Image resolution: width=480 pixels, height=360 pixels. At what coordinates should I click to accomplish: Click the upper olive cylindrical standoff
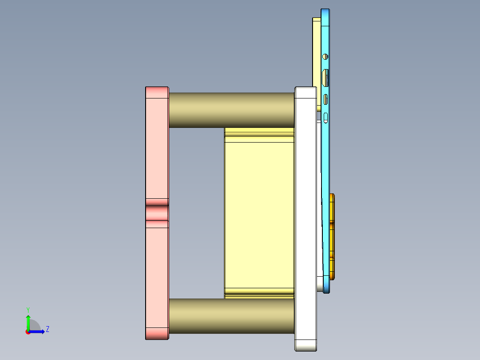pos(232,110)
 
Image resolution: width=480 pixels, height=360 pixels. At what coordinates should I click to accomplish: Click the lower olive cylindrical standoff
pos(232,315)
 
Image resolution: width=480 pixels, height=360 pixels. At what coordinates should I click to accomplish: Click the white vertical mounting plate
pos(305,214)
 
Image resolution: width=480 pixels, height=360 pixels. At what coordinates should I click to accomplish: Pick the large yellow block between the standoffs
pos(259,214)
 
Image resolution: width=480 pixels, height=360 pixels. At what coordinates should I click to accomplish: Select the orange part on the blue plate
pos(332,236)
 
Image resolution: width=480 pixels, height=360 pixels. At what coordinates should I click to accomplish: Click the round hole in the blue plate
pos(325,57)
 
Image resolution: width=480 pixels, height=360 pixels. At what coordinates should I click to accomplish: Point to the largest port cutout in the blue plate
pos(326,78)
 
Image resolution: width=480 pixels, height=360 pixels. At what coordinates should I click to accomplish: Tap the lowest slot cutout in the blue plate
pos(326,118)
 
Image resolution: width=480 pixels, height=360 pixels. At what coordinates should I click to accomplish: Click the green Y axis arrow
pos(28,322)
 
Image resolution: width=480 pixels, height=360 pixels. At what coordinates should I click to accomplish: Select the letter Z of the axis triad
pos(47,329)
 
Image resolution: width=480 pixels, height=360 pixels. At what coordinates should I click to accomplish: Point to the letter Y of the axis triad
pos(28,309)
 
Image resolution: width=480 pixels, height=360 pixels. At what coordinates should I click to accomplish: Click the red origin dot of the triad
pos(28,332)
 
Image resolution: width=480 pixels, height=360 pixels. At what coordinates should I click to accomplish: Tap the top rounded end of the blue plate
pos(325,11)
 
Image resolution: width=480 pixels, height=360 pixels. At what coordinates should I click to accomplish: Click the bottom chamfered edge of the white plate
pos(305,345)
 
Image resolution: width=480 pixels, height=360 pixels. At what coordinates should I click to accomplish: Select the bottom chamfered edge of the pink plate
pos(157,333)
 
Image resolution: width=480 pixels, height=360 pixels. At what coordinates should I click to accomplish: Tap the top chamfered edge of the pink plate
pos(157,92)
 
